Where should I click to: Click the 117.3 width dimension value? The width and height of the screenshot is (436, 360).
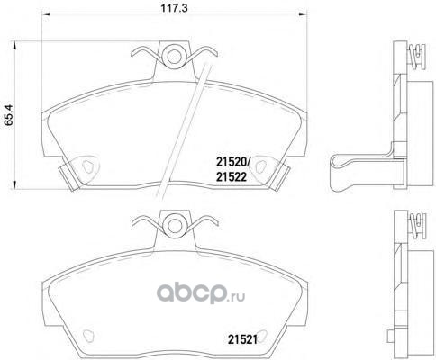174,8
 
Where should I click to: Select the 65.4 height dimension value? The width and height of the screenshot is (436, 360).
9,114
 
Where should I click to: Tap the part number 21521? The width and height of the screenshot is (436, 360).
242,339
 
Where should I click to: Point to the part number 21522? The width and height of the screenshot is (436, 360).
232,177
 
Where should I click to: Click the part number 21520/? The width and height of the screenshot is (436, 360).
232,163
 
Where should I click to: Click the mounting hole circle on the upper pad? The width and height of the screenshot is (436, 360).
174,56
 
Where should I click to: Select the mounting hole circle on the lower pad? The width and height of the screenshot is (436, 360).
174,225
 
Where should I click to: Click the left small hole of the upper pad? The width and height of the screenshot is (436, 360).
87,166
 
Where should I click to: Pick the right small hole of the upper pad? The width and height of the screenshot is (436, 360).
260,166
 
